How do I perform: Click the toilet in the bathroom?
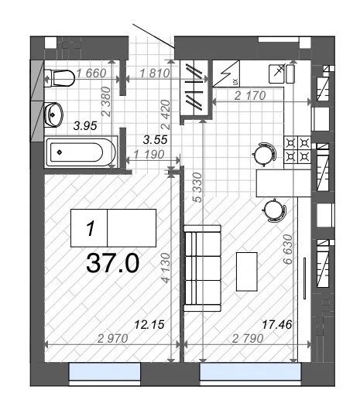coord(58,76)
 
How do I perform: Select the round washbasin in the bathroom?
coord(54,114)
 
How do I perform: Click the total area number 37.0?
coord(112,264)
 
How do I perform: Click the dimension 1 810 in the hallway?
coord(153,75)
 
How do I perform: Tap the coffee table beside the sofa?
coord(247,270)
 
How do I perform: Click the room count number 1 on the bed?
coord(91,228)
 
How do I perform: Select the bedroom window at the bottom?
coord(104,374)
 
